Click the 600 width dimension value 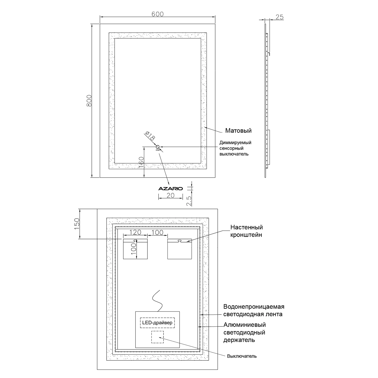pos(157,14)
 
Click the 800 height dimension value pos(89,101)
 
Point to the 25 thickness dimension pos(279,17)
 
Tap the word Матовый pos(238,131)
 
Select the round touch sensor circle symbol pos(158,147)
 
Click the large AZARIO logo pos(170,188)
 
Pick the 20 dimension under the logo pos(171,195)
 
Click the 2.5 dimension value pos(189,201)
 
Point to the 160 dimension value pos(141,163)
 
